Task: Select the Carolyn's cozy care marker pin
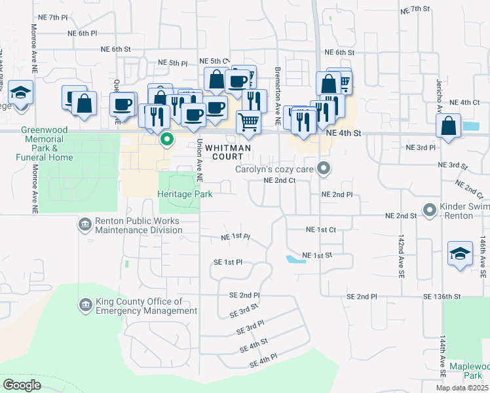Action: click(x=323, y=169)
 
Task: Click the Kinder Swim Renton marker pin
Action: click(x=430, y=210)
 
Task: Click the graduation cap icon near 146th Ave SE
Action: click(x=460, y=253)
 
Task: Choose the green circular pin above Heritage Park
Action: click(x=167, y=139)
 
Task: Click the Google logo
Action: click(x=22, y=384)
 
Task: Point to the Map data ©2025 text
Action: click(x=462, y=388)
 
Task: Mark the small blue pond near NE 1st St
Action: click(x=295, y=259)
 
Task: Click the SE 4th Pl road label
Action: click(x=264, y=360)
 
